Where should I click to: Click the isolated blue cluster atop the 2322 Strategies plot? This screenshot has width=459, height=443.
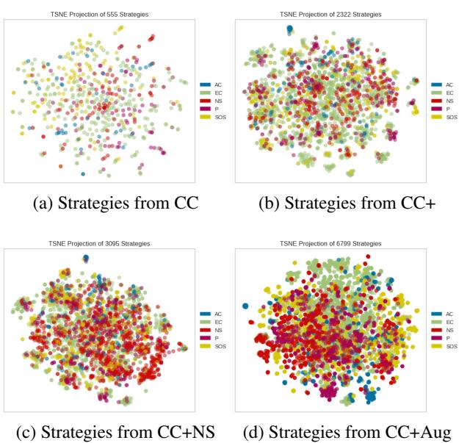point(289,29)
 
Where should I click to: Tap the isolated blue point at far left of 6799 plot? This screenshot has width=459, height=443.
point(245,306)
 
